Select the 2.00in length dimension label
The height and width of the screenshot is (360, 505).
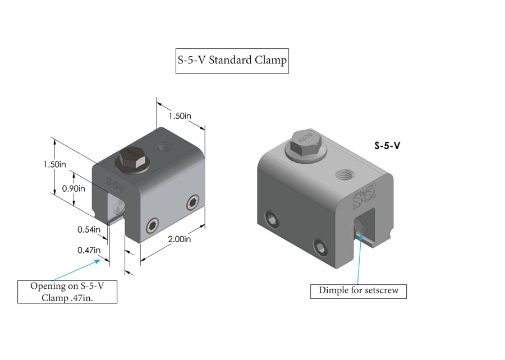pyautogui.click(x=180, y=239)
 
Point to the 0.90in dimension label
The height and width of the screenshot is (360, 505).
pyautogui.click(x=74, y=188)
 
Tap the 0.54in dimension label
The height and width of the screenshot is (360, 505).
pyautogui.click(x=89, y=229)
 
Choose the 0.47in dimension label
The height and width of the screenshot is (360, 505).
pyautogui.click(x=89, y=250)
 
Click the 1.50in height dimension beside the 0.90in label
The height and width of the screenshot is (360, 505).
pyautogui.click(x=54, y=164)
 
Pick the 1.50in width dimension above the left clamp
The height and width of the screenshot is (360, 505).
pyautogui.click(x=181, y=116)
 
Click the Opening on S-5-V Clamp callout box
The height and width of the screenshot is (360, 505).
pyautogui.click(x=67, y=292)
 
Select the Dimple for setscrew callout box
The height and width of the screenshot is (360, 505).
pyautogui.click(x=358, y=290)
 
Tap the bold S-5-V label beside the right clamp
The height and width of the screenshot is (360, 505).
pyautogui.click(x=387, y=145)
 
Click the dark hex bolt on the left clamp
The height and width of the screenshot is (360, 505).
pyautogui.click(x=132, y=158)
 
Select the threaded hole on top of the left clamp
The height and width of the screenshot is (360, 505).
pyautogui.click(x=164, y=147)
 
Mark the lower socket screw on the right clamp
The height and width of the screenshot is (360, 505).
pyautogui.click(x=319, y=247)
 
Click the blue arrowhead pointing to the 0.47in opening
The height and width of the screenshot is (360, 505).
pyautogui.click(x=102, y=259)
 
